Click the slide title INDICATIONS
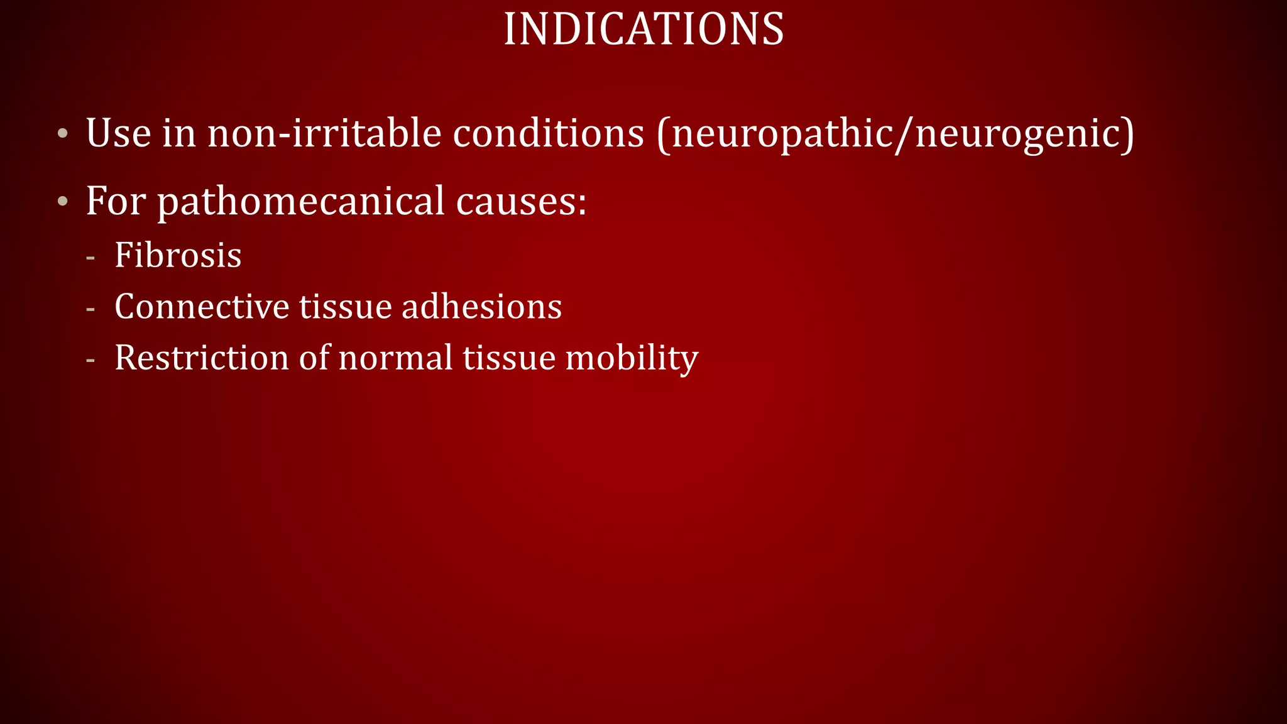coord(643,29)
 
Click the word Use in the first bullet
coord(118,133)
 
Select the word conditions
coord(548,133)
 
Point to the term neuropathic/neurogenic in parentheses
coord(895,134)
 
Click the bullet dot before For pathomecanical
coord(62,202)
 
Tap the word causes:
coord(521,202)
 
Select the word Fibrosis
coord(178,255)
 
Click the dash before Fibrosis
coord(90,257)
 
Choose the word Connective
coord(201,307)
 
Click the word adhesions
coord(481,307)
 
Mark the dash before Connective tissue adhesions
coord(90,309)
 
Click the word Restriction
coord(201,358)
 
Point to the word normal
coord(395,358)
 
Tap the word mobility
coord(632,359)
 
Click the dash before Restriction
coord(90,360)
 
